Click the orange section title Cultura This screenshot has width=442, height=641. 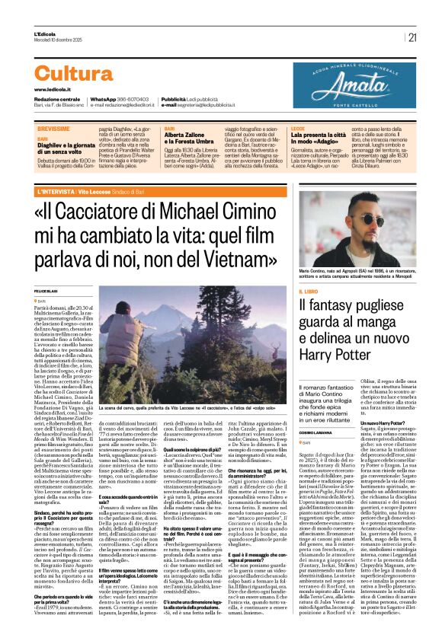(85, 74)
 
